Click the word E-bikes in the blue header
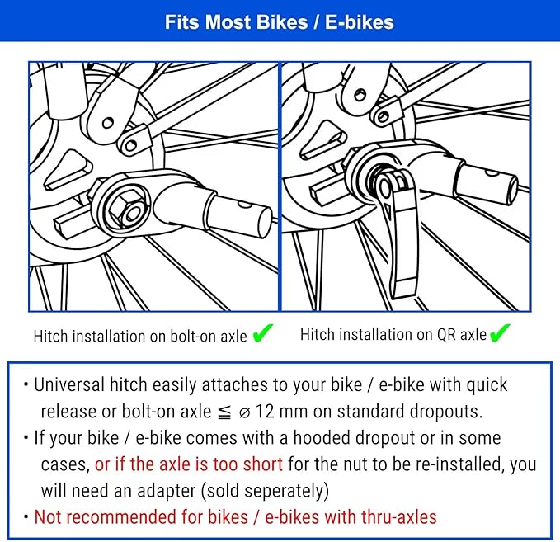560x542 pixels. (x=360, y=22)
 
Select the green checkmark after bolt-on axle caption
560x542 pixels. (x=263, y=333)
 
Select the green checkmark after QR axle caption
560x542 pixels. (x=500, y=333)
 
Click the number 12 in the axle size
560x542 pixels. (x=265, y=411)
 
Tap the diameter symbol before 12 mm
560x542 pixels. (x=244, y=413)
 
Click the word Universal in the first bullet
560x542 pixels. (x=69, y=384)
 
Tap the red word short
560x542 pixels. (x=264, y=464)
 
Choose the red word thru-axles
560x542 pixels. (x=399, y=517)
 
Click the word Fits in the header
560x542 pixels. (x=182, y=22)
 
